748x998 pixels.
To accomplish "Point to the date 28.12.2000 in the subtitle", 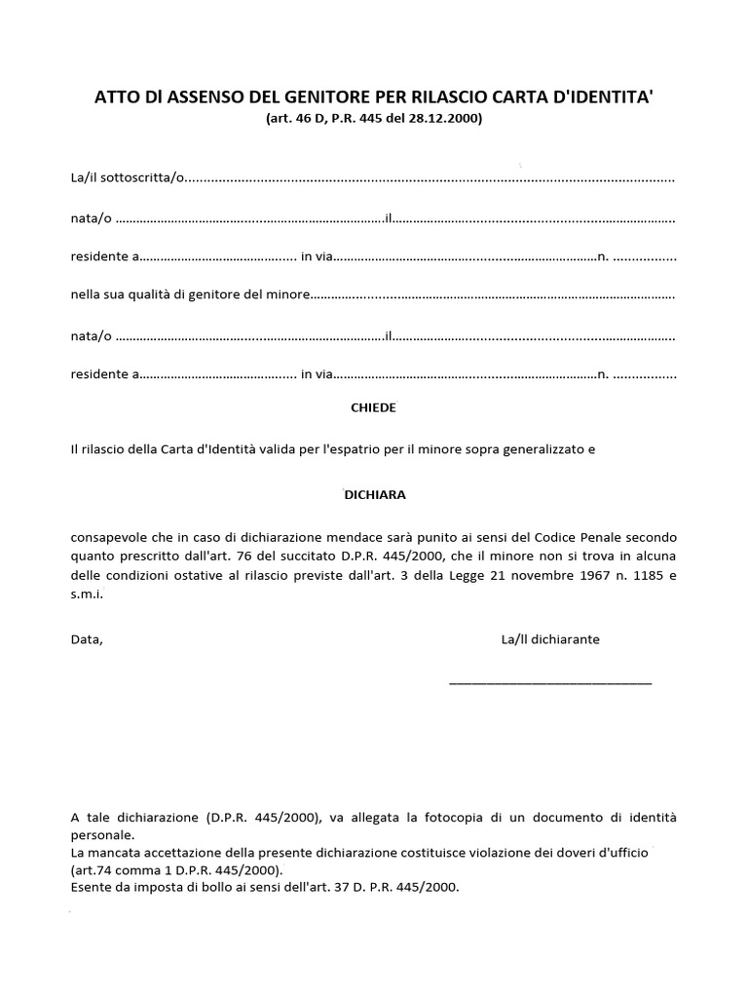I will (x=447, y=119).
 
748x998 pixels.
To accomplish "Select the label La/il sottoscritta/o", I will (x=127, y=179).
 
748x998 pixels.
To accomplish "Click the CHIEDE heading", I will (x=373, y=407).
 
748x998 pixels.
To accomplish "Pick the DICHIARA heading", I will (x=375, y=494).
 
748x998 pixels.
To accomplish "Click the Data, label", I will (x=87, y=639).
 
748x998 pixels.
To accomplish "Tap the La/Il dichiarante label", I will (x=550, y=639).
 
